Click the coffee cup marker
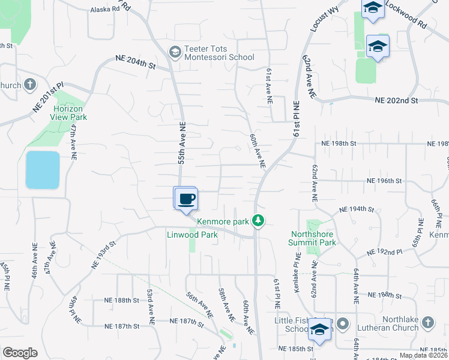(x=186, y=199)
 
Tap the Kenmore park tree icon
(x=258, y=221)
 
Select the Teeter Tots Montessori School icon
(x=175, y=52)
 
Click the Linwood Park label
(x=192, y=235)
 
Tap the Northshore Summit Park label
(x=313, y=238)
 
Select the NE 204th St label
(x=136, y=60)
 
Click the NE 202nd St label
(x=396, y=101)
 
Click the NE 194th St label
(x=357, y=209)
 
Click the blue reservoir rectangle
(x=43, y=170)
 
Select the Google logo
(x=20, y=353)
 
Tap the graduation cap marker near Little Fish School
(x=321, y=329)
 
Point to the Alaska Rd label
(x=105, y=10)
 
